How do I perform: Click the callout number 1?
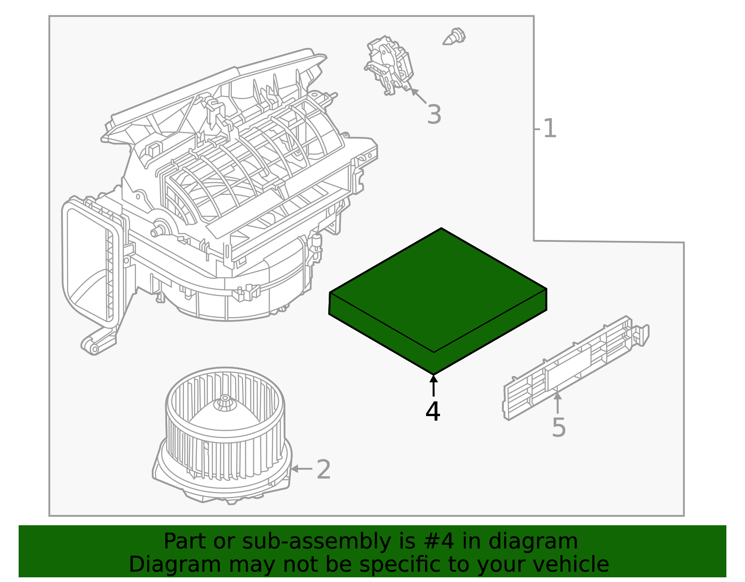(x=549, y=129)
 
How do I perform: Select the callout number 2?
(x=324, y=469)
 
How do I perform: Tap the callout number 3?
(x=434, y=115)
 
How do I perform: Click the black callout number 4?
(x=433, y=411)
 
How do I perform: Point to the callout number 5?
(x=558, y=427)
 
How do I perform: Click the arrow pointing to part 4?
(x=433, y=386)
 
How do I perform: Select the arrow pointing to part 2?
(x=301, y=468)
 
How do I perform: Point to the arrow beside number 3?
(x=418, y=96)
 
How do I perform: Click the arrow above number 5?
(x=557, y=402)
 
